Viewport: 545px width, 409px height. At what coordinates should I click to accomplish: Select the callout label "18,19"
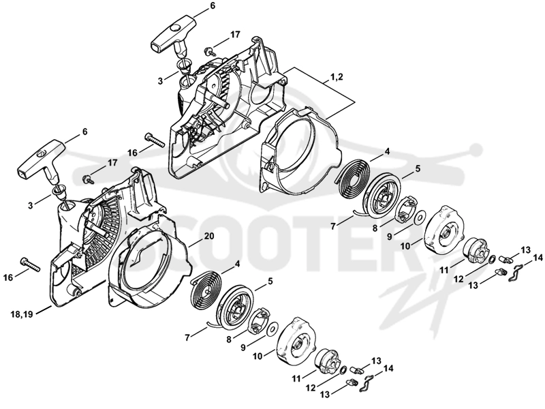tap(22, 314)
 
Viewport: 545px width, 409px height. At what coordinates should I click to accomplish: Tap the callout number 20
tap(209, 236)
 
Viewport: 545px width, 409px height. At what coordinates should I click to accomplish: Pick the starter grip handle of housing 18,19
tap(40, 160)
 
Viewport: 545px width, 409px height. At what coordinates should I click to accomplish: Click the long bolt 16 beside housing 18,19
tap(31, 265)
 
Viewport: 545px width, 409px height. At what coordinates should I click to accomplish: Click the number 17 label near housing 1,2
tap(234, 35)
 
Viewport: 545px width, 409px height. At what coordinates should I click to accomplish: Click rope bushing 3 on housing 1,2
tap(183, 65)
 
